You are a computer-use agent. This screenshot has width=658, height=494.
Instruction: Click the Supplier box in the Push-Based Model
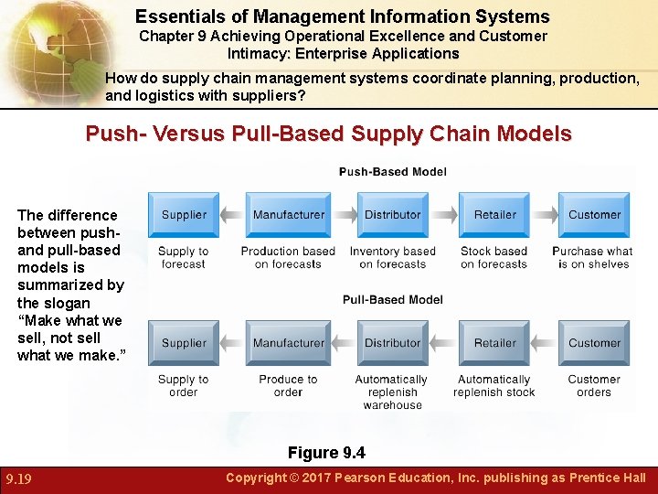tap(184, 215)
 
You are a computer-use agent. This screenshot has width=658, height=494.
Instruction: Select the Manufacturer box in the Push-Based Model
tap(288, 215)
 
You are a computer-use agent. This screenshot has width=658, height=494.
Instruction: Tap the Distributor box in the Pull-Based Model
tap(392, 343)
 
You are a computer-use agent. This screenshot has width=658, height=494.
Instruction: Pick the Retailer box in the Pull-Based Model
tap(494, 343)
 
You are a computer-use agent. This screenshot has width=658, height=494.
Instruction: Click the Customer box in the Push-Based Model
tap(594, 215)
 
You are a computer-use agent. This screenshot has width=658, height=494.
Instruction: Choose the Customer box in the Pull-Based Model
tap(594, 343)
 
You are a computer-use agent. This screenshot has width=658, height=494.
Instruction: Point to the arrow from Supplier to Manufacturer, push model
tap(233, 215)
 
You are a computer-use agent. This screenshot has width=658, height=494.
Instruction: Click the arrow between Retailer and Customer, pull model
tap(544, 343)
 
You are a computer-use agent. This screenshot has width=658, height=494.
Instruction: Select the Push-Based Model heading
tap(393, 172)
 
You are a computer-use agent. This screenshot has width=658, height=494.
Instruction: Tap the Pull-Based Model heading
tap(393, 300)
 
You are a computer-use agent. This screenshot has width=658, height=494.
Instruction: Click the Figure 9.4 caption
tap(326, 453)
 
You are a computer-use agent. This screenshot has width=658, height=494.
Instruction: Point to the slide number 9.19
tap(20, 478)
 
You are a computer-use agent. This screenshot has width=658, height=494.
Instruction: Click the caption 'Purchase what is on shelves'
tap(593, 257)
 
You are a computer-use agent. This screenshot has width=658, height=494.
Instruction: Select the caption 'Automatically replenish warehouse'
tap(392, 392)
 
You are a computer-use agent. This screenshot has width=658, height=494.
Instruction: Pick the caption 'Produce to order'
tap(288, 385)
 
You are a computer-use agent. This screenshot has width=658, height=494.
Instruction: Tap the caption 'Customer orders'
tap(594, 385)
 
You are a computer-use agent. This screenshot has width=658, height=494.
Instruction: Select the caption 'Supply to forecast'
tap(183, 257)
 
